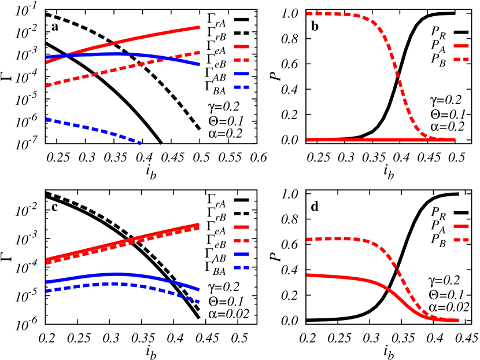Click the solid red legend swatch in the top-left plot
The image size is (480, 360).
pyautogui.click(x=241, y=46)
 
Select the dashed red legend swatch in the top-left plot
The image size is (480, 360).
pyautogui.click(x=241, y=60)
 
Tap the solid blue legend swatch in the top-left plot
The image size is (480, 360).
pyautogui.click(x=241, y=74)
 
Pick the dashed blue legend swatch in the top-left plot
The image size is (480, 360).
pyautogui.click(x=241, y=87)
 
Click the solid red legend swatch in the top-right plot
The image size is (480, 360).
pyautogui.click(x=461, y=46)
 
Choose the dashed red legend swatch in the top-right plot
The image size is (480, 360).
pyautogui.click(x=461, y=59)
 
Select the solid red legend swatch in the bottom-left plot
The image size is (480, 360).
pyautogui.click(x=241, y=227)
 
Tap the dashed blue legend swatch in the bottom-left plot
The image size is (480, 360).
pyautogui.click(x=241, y=268)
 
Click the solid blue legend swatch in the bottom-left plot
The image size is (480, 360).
pyautogui.click(x=241, y=255)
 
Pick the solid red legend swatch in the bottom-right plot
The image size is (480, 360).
pyautogui.click(x=461, y=226)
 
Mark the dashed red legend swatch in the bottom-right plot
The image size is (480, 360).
pyautogui.click(x=461, y=240)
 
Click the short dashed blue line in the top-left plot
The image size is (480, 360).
pyautogui.click(x=93, y=130)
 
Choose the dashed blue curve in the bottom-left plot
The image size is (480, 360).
pyautogui.click(x=116, y=284)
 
